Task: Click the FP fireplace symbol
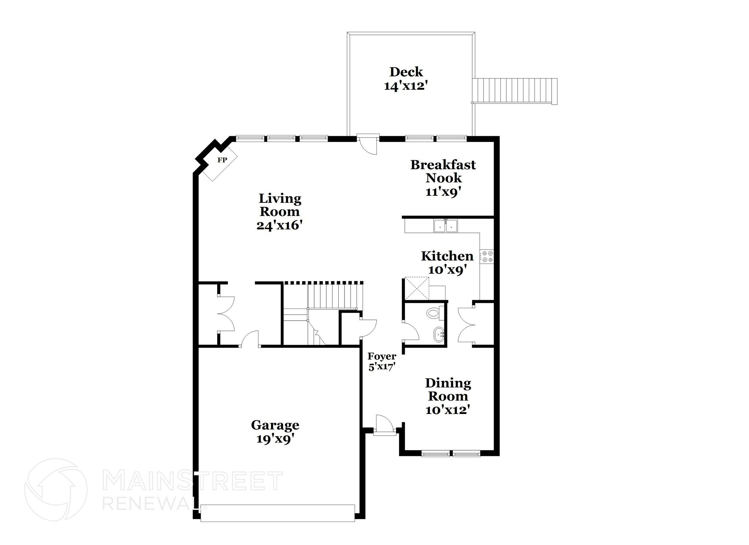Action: (221, 161)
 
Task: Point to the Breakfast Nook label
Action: (443, 178)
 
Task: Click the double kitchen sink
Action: (446, 226)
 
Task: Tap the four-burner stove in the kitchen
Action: (487, 256)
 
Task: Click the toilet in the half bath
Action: (434, 313)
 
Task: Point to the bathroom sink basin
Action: (439, 335)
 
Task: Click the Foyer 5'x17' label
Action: (382, 361)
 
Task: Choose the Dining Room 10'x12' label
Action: (448, 396)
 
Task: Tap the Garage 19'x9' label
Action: (275, 432)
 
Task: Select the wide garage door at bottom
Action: (277, 513)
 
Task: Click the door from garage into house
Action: (250, 340)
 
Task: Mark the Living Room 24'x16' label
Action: (279, 212)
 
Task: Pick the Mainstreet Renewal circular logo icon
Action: (56, 490)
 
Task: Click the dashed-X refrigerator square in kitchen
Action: (416, 288)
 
